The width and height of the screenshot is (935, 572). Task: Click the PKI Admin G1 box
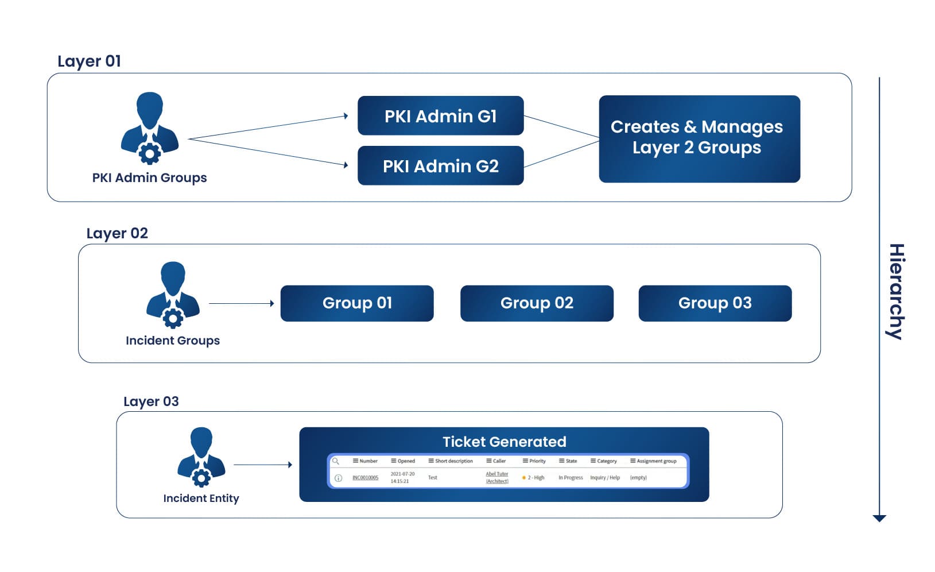pos(440,116)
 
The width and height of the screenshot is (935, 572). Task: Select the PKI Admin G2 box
pos(440,166)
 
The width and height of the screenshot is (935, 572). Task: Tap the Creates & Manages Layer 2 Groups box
pos(699,138)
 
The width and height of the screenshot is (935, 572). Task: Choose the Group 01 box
pos(356,303)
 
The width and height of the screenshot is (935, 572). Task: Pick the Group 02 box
pos(536,303)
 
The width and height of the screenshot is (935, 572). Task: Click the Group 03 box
pos(715,303)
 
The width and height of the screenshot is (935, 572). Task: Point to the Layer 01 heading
pos(89,61)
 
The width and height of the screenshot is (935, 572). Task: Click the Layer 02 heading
pos(117,233)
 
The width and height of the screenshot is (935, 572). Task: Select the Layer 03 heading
pos(151,401)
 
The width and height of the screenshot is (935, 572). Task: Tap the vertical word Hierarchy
pos(896,291)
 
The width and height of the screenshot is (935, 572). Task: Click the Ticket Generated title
pos(504,442)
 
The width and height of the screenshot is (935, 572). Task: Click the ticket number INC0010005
pos(365,478)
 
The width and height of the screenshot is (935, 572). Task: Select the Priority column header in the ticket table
pos(534,461)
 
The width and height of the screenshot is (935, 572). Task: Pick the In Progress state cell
pos(570,478)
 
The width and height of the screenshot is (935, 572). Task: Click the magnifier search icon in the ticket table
pos(336,461)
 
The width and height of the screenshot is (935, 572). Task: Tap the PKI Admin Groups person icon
pos(150,128)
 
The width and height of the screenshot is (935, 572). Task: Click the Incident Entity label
pos(201,498)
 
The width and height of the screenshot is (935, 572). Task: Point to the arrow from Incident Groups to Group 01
pos(241,303)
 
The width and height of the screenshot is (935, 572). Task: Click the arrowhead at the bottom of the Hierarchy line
pos(879,518)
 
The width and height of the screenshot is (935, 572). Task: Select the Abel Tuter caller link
pos(496,474)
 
